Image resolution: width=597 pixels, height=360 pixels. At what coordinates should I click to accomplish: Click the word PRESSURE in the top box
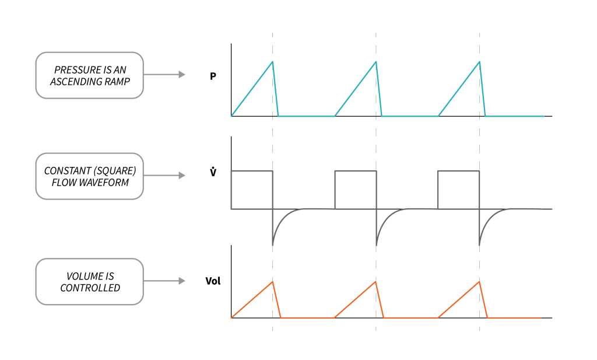(74, 69)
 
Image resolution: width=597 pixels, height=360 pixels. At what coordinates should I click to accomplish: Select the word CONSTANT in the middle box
(64, 171)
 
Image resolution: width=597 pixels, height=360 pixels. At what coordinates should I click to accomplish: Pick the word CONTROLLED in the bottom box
(90, 288)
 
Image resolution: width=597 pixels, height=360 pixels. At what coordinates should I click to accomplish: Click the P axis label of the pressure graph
(213, 75)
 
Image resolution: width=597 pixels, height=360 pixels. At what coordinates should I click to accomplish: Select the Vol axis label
(213, 281)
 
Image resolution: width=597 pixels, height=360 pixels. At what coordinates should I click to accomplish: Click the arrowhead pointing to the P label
(182, 75)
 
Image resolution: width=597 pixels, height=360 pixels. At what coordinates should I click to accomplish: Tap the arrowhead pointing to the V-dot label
(182, 176)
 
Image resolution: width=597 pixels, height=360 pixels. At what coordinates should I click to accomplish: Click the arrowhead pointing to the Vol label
(182, 281)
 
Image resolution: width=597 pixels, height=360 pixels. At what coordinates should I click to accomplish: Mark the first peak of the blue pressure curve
(272, 61)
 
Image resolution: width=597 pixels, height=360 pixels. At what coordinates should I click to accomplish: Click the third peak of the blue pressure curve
(479, 61)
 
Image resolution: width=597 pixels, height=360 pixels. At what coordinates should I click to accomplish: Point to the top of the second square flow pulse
(356, 171)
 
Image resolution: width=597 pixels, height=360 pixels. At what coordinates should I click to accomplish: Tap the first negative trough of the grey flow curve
(273, 244)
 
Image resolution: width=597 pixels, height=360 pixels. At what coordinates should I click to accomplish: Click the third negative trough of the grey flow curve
(480, 244)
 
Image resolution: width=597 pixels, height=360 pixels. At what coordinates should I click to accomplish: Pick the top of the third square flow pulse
(459, 171)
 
